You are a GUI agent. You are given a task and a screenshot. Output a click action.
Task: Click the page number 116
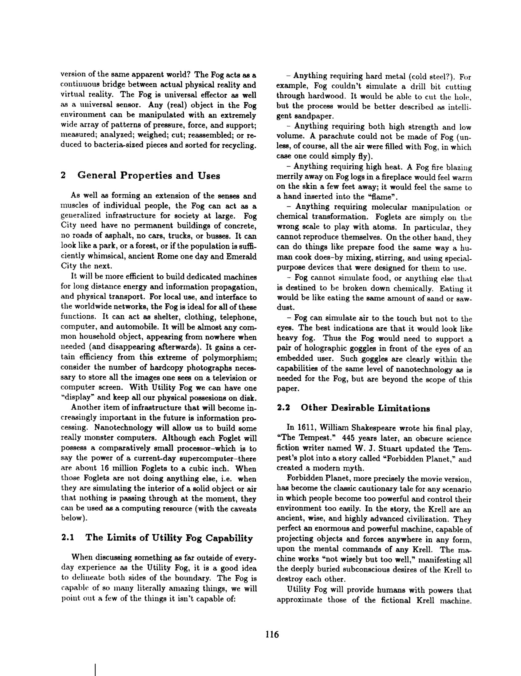[272, 635]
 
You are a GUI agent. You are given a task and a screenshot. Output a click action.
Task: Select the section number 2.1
[68, 538]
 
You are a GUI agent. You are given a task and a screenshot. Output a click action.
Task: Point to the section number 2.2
[283, 408]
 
